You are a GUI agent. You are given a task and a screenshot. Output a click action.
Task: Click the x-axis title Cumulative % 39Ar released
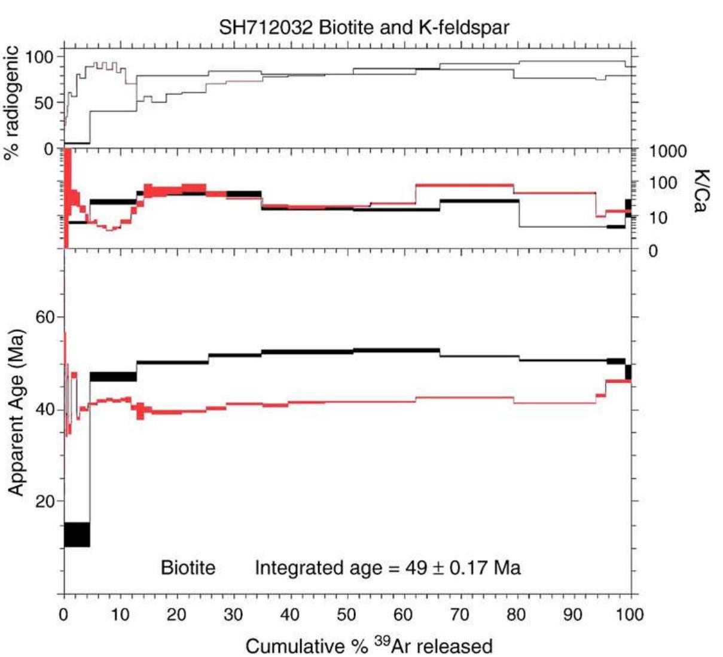(368, 646)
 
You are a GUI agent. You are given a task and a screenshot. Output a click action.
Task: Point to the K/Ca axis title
(700, 190)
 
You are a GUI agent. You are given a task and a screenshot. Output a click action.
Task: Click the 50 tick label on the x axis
(347, 614)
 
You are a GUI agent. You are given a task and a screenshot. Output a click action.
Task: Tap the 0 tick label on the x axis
(65, 614)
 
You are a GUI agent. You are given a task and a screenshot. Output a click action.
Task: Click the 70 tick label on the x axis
(460, 614)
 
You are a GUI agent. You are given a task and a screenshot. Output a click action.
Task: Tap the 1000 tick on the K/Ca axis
(668, 151)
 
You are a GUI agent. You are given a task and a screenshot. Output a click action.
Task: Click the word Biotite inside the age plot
(188, 567)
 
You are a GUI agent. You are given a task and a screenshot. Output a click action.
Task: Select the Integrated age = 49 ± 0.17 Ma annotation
(388, 567)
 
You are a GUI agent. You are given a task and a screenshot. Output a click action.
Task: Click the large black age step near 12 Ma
(77, 534)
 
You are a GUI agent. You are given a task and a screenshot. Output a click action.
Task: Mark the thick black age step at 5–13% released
(113, 377)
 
